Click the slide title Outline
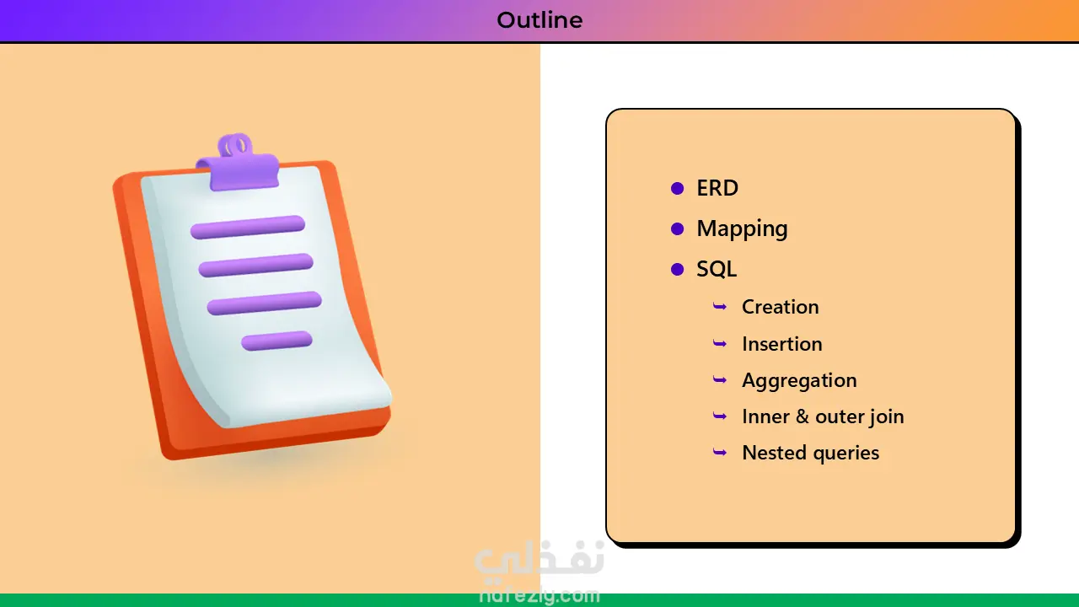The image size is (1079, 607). click(539, 20)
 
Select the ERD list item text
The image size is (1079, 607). click(717, 188)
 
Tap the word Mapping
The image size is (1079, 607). click(743, 228)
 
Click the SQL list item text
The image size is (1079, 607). click(717, 269)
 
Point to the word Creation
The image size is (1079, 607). click(781, 307)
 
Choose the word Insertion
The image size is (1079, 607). click(782, 344)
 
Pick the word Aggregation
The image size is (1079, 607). click(800, 380)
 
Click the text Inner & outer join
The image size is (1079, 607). click(824, 416)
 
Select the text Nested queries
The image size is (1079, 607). click(811, 453)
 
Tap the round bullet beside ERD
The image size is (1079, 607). click(677, 188)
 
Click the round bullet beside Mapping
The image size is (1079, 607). click(677, 228)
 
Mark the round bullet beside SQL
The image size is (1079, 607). click(677, 269)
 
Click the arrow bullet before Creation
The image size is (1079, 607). click(720, 306)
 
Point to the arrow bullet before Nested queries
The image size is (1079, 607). click(720, 453)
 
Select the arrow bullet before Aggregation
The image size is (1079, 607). click(720, 380)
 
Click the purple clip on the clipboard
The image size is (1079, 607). click(238, 163)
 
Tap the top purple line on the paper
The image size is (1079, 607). click(248, 227)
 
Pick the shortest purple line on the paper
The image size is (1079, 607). click(277, 341)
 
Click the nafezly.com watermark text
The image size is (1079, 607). click(539, 596)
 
